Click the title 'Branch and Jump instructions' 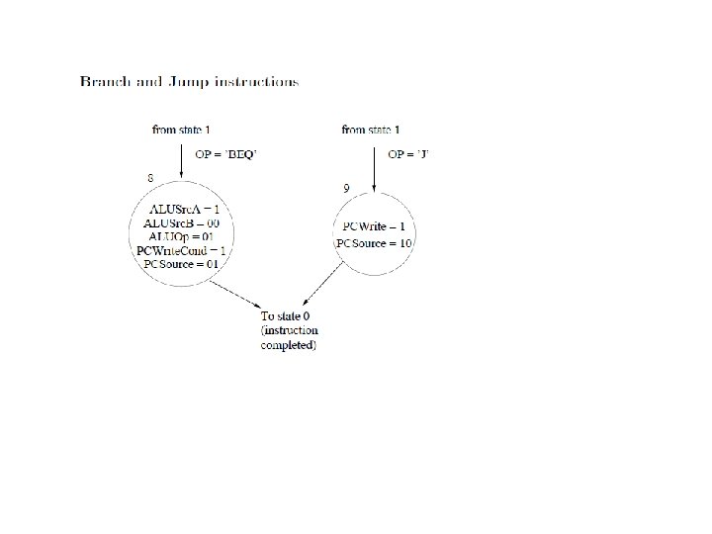pos(189,82)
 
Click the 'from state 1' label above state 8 pos(181,130)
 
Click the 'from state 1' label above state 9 pos(371,130)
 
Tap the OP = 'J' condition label pos(408,154)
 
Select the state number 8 pos(150,178)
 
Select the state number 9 pos(345,188)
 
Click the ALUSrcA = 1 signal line pos(184,209)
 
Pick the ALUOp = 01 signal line pos(182,236)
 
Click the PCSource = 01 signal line pos(182,264)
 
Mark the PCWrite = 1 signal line pos(374,228)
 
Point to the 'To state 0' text pos(286,316)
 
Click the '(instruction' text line pos(290,330)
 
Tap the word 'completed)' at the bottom pos(289,345)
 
